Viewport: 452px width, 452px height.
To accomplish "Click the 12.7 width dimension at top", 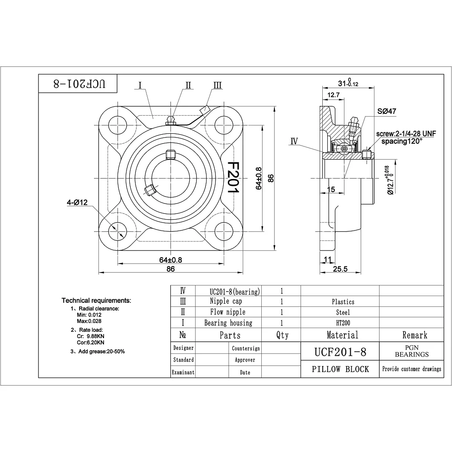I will [x=333, y=95].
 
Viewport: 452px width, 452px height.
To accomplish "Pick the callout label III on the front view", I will [x=217, y=85].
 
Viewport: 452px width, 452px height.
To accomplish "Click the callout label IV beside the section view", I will [x=294, y=141].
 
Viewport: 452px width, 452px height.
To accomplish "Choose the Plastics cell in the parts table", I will [x=343, y=301].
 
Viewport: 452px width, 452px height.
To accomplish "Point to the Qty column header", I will [x=282, y=335].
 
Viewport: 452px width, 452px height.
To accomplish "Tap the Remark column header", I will [x=414, y=335].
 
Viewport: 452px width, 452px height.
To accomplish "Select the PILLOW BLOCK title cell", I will [x=340, y=369].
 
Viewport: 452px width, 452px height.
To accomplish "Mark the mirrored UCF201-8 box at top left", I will [x=77, y=84].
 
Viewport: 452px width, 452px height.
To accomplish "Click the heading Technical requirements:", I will [x=96, y=300].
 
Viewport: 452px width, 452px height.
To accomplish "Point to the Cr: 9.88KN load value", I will [x=91, y=336].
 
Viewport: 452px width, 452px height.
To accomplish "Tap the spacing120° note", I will [x=401, y=141].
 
